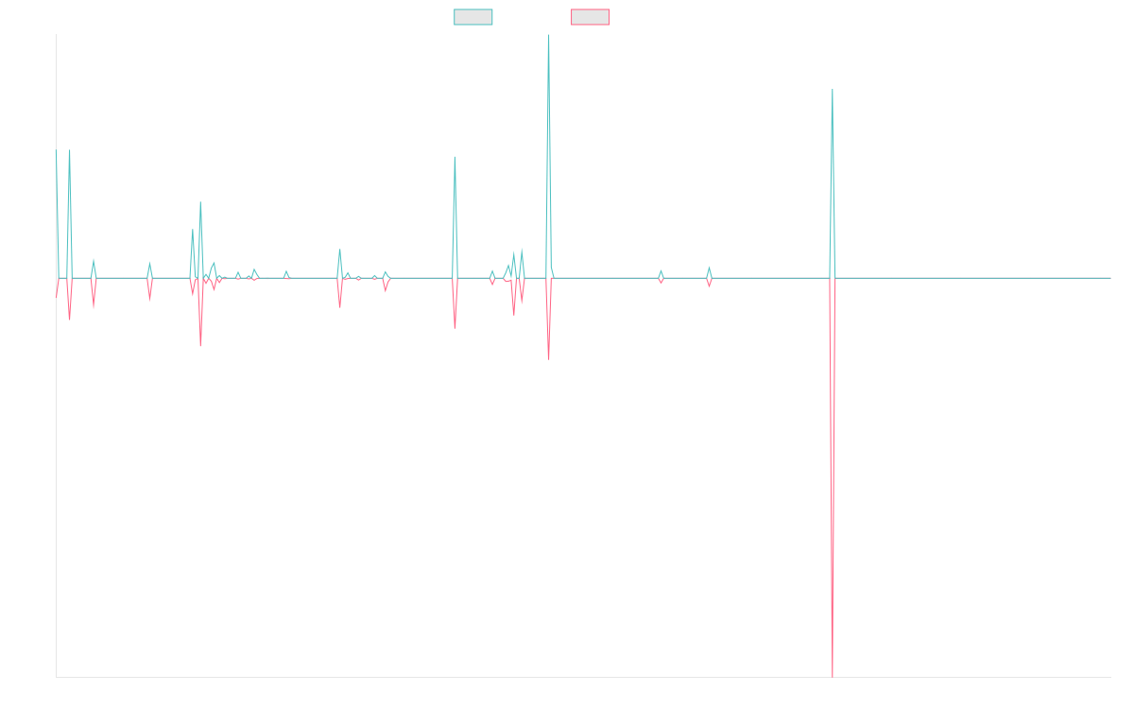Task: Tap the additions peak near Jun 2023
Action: [833, 90]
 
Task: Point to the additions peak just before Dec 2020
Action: [455, 157]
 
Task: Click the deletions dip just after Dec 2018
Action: [200, 346]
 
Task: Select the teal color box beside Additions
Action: [473, 17]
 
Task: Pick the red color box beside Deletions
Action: [590, 17]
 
